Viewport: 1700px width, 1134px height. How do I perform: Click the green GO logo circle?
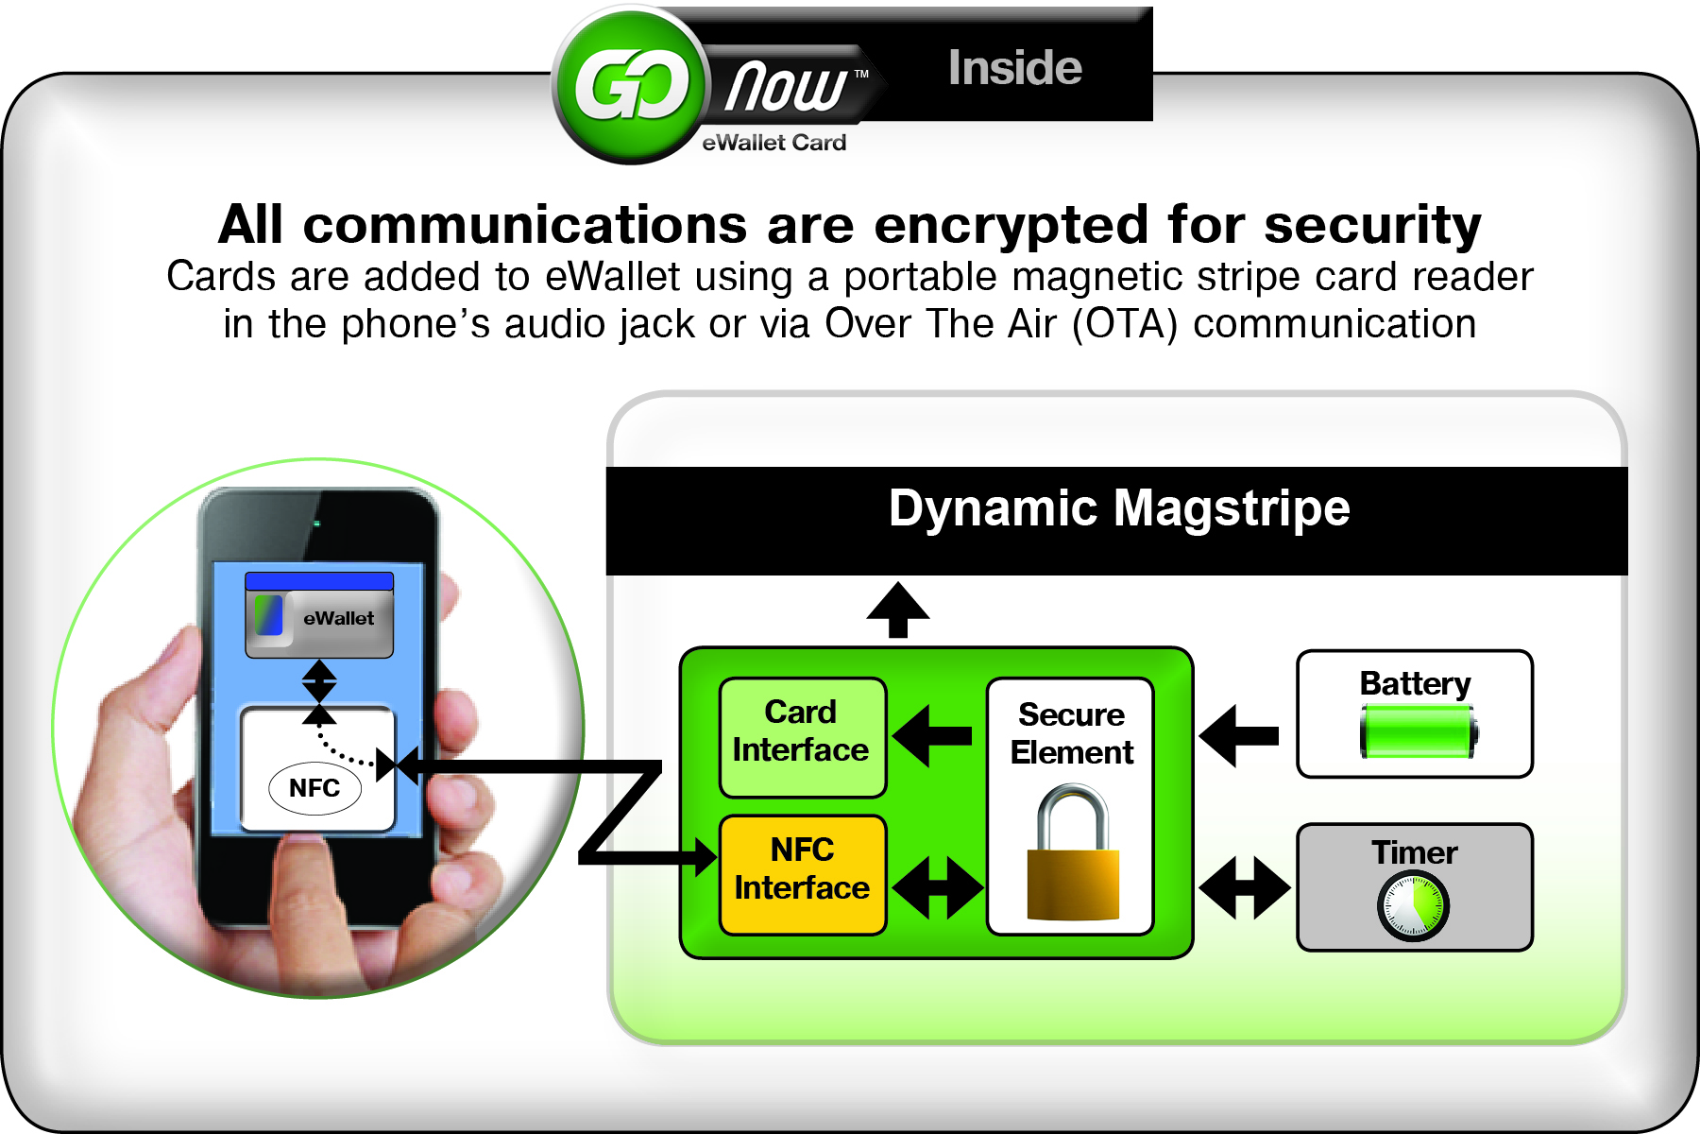[x=630, y=87]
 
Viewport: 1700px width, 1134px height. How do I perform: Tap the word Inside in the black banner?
[x=1014, y=68]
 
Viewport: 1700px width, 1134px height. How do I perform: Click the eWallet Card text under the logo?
[x=773, y=143]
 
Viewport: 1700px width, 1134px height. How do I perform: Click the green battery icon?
[x=1418, y=733]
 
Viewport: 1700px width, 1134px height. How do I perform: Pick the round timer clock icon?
[x=1413, y=906]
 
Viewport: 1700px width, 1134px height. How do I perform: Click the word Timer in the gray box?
[x=1414, y=852]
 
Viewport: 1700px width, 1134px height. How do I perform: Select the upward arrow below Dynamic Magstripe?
[x=898, y=610]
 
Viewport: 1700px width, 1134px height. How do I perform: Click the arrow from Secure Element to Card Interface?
[x=933, y=735]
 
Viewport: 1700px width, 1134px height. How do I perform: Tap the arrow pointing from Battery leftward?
[x=1239, y=735]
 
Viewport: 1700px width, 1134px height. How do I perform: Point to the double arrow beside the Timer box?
[x=1244, y=887]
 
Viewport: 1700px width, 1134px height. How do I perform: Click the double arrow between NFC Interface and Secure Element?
[x=938, y=887]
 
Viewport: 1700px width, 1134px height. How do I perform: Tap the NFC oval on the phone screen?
[x=314, y=788]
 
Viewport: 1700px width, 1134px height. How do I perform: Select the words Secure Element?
[x=1072, y=733]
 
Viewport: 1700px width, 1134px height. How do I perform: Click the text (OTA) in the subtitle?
[x=1125, y=324]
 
